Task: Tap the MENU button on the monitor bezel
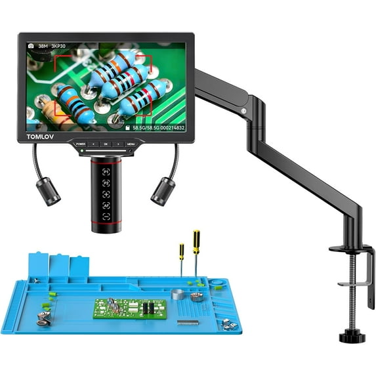tap(131, 142)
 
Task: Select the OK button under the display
tap(105, 142)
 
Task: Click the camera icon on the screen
tap(30, 47)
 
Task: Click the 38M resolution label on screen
tap(43, 47)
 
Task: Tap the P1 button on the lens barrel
tap(105, 169)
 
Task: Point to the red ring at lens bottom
tap(105, 226)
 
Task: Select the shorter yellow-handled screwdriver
tap(182, 262)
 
